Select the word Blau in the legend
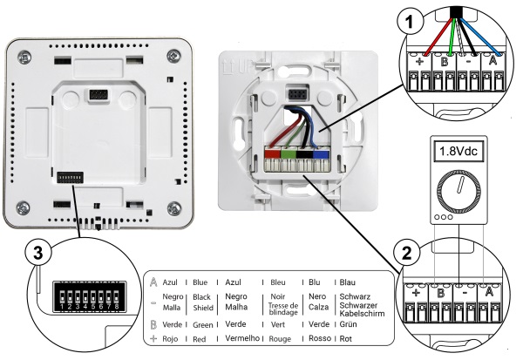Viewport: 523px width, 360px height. pyautogui.click(x=349, y=282)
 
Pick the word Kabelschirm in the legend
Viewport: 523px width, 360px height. pyautogui.click(x=366, y=313)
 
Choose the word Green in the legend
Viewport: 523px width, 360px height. pyautogui.click(x=205, y=323)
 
